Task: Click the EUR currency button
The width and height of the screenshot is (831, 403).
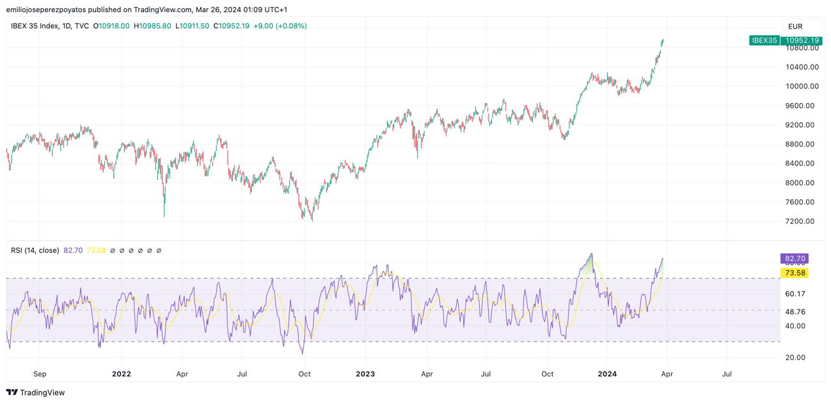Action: tap(795, 27)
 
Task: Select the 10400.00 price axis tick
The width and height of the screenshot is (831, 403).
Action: tap(802, 67)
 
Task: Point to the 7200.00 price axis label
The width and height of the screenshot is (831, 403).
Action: tap(800, 221)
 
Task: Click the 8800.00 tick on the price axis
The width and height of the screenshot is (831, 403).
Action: tap(800, 144)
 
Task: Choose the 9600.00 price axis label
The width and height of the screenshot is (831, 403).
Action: tap(800, 106)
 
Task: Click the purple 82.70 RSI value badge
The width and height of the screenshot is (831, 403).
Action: tap(794, 258)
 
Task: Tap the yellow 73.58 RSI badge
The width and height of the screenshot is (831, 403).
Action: tap(795, 273)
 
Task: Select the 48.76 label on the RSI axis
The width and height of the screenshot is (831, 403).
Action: tap(795, 312)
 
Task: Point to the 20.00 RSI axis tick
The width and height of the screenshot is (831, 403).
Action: tap(795, 358)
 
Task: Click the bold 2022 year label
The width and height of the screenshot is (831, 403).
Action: tap(121, 374)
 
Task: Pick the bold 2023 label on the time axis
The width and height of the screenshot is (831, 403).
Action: tap(365, 374)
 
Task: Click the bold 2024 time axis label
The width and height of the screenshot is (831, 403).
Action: tap(607, 374)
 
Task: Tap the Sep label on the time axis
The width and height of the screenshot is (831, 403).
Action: tap(40, 374)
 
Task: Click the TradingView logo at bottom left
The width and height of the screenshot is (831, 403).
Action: tap(36, 393)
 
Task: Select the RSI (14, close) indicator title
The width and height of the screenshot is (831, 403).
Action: tap(35, 251)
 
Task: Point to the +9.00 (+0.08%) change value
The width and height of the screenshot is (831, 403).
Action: tap(280, 26)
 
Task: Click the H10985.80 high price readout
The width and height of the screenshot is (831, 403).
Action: tap(152, 26)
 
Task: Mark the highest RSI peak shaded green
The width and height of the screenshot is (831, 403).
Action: tap(591, 255)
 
